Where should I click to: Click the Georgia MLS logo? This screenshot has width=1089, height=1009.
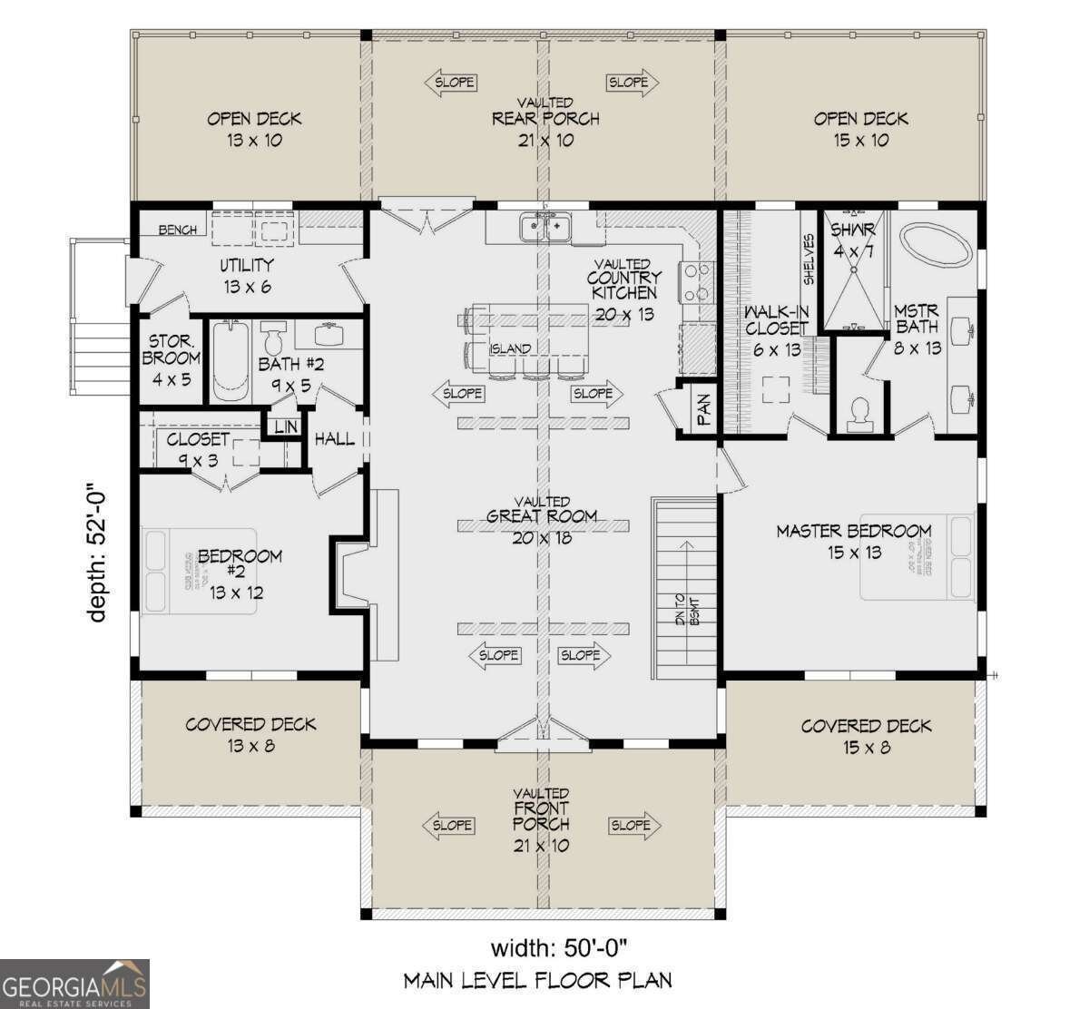tap(74, 985)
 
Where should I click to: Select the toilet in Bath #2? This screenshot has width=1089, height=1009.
tap(272, 339)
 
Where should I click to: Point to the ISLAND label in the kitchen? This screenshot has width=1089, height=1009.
tap(510, 348)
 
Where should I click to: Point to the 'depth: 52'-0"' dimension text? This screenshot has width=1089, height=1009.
tap(98, 555)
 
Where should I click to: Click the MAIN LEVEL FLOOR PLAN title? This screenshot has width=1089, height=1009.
tap(537, 980)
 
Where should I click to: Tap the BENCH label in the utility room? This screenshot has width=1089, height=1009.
tap(177, 230)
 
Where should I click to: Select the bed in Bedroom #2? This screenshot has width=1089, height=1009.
tap(200, 572)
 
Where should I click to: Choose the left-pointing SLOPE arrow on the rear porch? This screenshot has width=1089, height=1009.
tap(451, 82)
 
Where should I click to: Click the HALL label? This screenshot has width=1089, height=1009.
tap(334, 439)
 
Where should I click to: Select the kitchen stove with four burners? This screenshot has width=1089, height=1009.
tap(699, 281)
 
